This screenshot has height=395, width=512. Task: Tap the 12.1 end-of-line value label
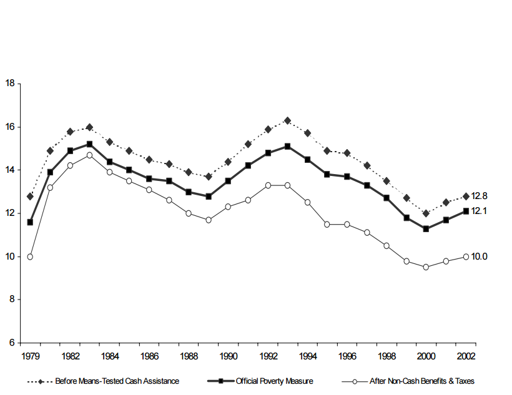tap(479, 211)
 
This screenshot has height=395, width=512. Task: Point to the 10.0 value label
tap(479, 256)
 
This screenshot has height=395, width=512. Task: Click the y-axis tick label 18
tap(10, 83)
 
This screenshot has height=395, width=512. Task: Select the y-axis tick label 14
tap(10, 170)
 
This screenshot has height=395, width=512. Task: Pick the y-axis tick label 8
tap(12, 300)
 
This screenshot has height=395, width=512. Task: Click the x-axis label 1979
tap(30, 356)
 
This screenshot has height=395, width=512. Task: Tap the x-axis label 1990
tap(228, 356)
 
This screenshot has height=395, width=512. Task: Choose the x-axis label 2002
tap(466, 356)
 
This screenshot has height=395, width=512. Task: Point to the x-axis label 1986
tap(149, 356)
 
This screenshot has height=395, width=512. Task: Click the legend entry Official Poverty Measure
tap(275, 381)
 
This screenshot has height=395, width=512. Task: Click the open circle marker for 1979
tap(30, 256)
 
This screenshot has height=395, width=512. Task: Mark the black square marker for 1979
tap(30, 222)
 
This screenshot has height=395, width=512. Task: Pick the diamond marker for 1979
tap(30, 196)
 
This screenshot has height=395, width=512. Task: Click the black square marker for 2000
tap(426, 228)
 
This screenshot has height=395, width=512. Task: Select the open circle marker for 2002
tap(466, 256)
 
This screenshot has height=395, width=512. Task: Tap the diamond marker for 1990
tap(228, 162)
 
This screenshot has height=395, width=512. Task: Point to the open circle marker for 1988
tap(189, 213)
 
